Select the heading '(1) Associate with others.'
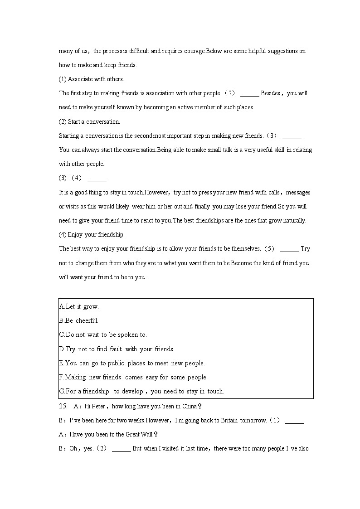tap(91, 79)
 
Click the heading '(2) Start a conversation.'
tap(89, 121)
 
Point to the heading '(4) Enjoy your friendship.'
tap(92, 234)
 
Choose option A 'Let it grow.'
tap(79, 306)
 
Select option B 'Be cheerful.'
tap(78, 320)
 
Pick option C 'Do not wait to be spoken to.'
tap(103, 335)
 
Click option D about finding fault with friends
tap(117, 349)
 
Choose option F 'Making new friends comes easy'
tap(133, 377)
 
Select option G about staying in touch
tap(141, 391)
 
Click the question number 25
tap(63, 406)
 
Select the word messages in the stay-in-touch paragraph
tap(298, 192)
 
